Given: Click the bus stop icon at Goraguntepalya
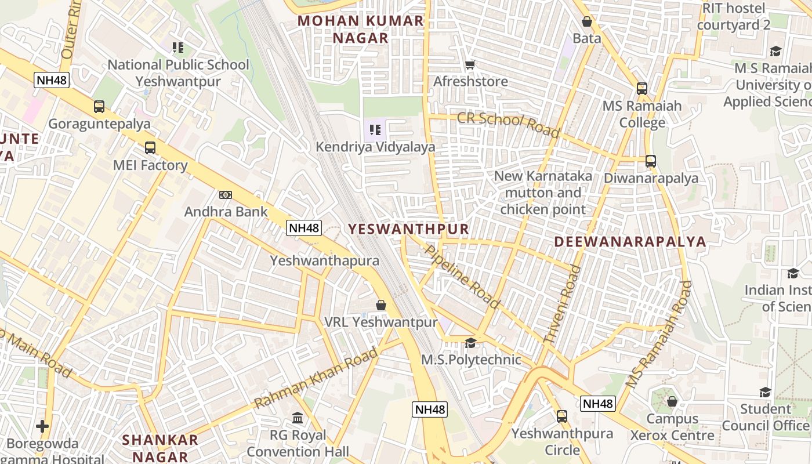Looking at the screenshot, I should click(99, 107).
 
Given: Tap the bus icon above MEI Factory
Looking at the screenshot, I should click(150, 148).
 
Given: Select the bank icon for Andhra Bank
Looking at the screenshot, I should click(226, 195).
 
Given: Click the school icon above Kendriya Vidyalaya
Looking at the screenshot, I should click(375, 129).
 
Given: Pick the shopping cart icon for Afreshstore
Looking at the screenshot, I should click(470, 64).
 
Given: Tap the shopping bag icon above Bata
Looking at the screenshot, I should click(587, 22).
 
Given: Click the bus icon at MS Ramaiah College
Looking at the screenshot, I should click(641, 89).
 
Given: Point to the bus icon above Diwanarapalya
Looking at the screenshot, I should click(651, 161).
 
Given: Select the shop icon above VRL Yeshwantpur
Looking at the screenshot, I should click(381, 304).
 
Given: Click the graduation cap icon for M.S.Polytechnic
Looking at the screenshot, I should click(470, 343).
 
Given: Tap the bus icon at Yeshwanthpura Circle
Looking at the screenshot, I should click(561, 416).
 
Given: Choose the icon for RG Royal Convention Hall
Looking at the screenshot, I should click(298, 418).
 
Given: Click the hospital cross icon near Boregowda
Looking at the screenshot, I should click(42, 427).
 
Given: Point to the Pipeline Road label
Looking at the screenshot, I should click(462, 277).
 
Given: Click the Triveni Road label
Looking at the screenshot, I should click(561, 306).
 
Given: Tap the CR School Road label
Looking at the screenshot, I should click(509, 124).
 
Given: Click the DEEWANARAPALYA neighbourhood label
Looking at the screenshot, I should click(630, 242).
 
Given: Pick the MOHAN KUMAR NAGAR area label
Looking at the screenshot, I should click(360, 30).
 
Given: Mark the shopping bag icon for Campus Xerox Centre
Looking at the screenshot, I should click(672, 401).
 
